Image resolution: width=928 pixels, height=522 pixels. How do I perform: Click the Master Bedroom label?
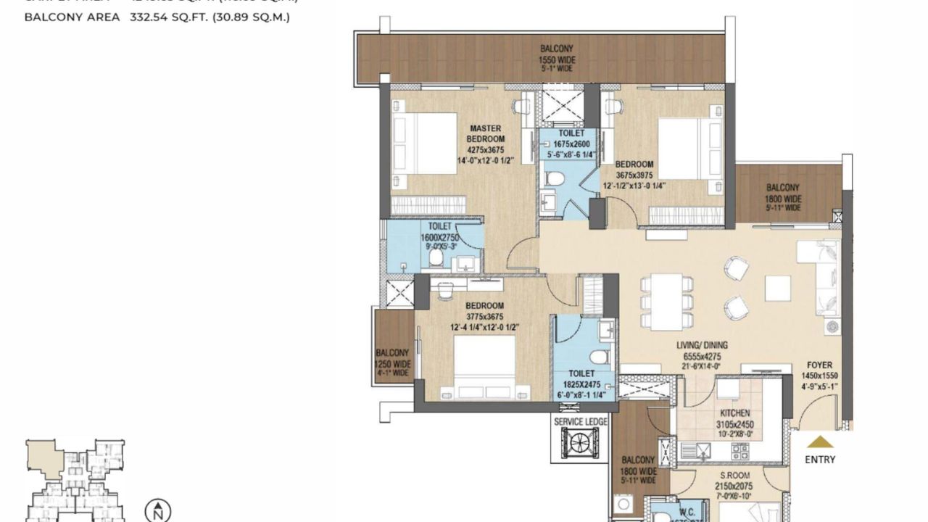[486, 133]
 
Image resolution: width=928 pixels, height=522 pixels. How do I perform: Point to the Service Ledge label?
[581, 421]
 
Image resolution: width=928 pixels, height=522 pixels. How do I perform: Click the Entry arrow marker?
[820, 442]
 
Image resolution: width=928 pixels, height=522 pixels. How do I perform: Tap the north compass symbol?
[157, 510]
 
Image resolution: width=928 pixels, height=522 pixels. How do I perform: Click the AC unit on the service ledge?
[580, 442]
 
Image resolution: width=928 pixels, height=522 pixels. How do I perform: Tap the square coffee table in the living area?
[777, 289]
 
